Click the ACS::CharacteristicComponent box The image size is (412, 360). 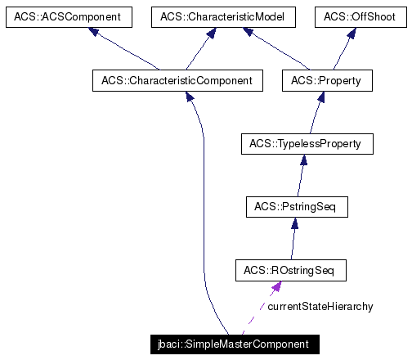point(177,80)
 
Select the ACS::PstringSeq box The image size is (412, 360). point(297,207)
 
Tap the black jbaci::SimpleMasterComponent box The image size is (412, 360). point(234,344)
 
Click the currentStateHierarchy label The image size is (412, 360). point(320,307)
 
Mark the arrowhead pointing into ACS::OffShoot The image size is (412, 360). point(351,34)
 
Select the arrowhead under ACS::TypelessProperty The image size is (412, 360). point(303,160)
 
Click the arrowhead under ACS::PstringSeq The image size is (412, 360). point(293,223)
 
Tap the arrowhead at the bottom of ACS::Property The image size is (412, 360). point(322,97)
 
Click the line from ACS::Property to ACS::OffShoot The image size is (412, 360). point(342,53)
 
